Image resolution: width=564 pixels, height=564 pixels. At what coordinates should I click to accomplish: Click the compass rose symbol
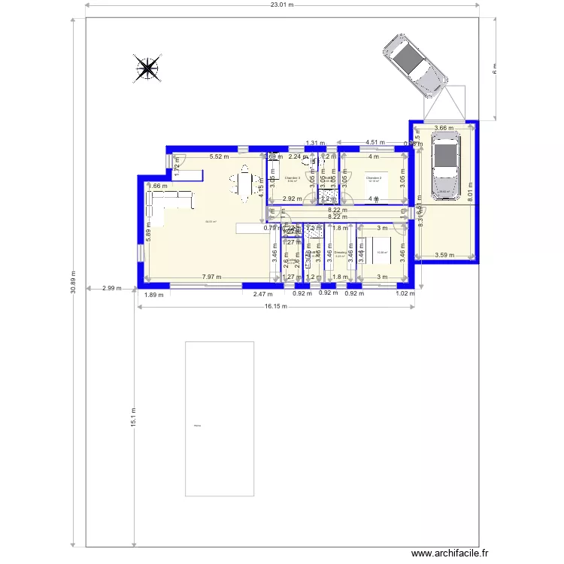tap(147, 68)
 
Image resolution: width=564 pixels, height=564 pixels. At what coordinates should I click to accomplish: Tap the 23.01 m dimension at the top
tap(282, 5)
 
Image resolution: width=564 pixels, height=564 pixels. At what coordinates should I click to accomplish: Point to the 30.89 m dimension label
tap(73, 282)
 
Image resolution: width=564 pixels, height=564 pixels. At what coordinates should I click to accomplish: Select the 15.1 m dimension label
tap(133, 416)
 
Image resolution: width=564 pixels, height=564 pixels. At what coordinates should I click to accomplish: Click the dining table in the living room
tap(244, 184)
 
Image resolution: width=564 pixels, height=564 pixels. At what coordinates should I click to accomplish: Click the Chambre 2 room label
tap(374, 178)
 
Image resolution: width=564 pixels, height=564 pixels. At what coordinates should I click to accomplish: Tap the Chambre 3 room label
tap(292, 178)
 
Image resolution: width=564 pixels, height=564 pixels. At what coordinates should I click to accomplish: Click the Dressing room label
tap(340, 252)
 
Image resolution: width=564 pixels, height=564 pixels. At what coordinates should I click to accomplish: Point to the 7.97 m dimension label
tap(211, 277)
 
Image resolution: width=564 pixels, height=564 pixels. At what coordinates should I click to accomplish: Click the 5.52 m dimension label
tap(219, 157)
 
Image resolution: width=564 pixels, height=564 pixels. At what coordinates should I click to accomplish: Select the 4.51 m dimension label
tap(375, 142)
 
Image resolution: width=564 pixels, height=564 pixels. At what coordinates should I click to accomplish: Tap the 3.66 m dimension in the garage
tap(444, 128)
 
